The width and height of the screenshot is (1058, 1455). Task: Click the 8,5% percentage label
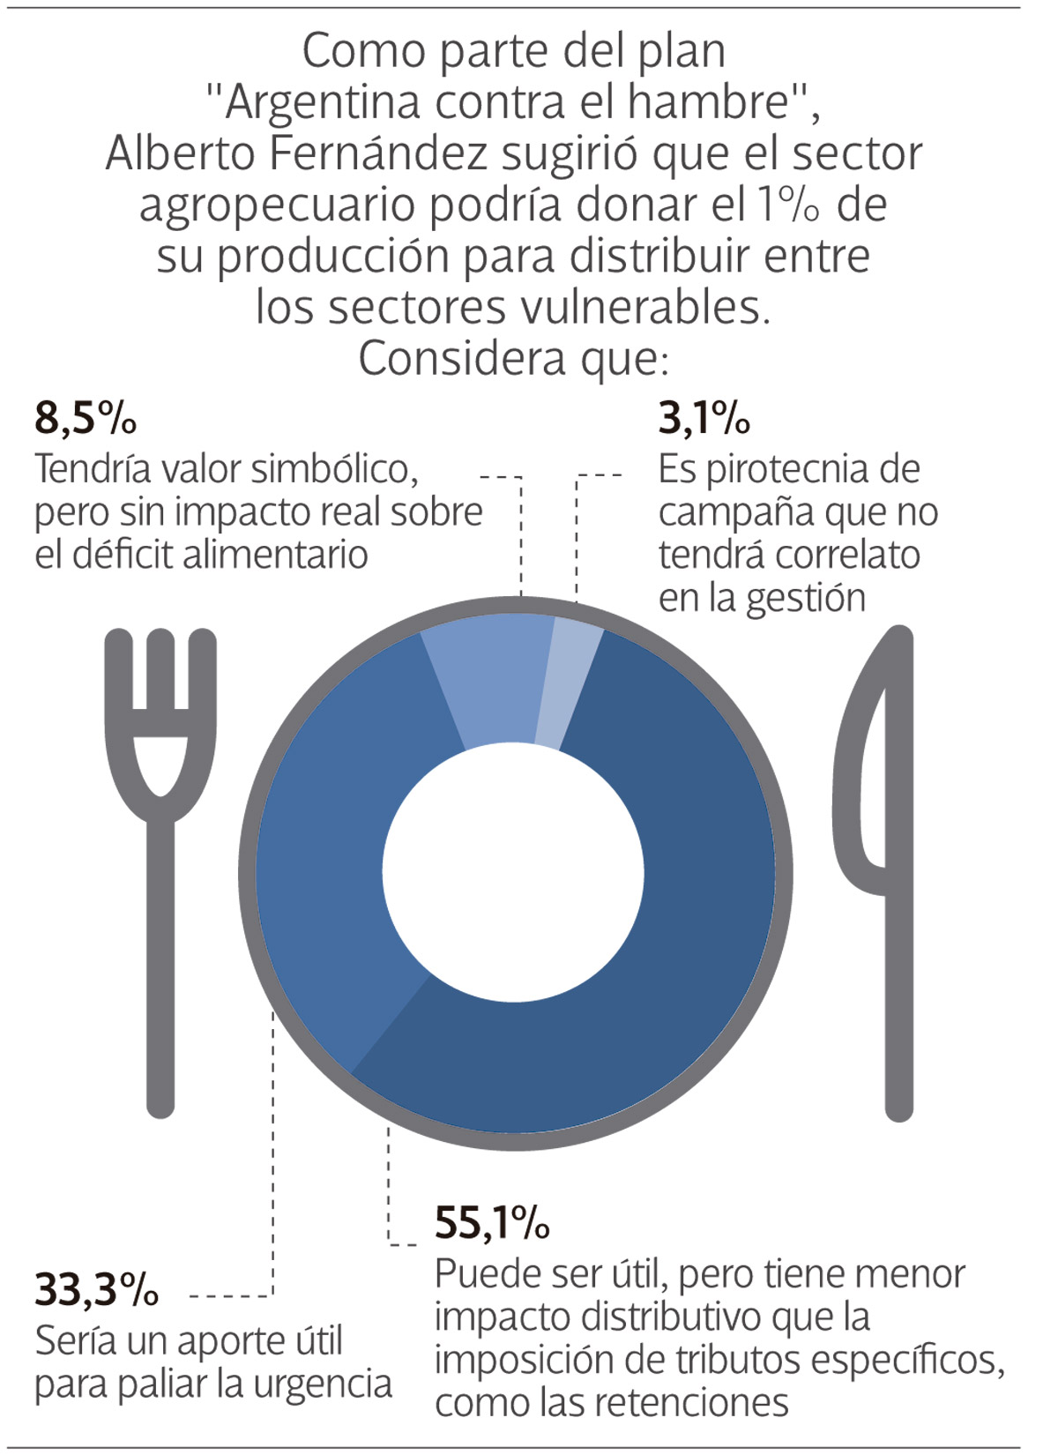pos(86,417)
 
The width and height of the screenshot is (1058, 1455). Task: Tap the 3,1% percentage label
pos(704,417)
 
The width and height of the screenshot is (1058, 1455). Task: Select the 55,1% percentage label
pos(492,1222)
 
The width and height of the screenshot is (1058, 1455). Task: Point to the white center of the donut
pos(514,873)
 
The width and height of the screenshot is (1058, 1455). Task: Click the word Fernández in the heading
pos(378,153)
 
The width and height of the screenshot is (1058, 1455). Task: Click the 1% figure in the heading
pos(789,205)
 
